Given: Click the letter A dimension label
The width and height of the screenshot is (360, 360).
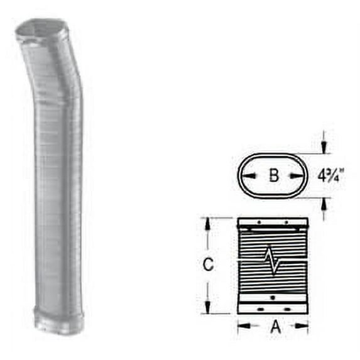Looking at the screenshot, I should point(273,326).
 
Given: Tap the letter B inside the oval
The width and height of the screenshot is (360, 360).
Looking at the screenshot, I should point(273,175).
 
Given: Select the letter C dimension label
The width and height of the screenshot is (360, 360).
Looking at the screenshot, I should point(209,265).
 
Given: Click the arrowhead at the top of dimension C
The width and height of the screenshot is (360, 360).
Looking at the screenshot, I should point(209,222).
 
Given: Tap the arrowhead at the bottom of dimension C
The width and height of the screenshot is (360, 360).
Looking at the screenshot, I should point(209,309).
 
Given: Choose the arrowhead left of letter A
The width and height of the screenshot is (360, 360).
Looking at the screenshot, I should point(241,326).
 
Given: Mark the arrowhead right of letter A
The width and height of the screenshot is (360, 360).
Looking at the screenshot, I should point(305,326).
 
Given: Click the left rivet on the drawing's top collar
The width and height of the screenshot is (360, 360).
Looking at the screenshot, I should point(258,223).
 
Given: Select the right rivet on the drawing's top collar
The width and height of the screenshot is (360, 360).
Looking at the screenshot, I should point(286,223).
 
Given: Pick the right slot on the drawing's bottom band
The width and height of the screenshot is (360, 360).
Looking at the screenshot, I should point(286,309).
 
